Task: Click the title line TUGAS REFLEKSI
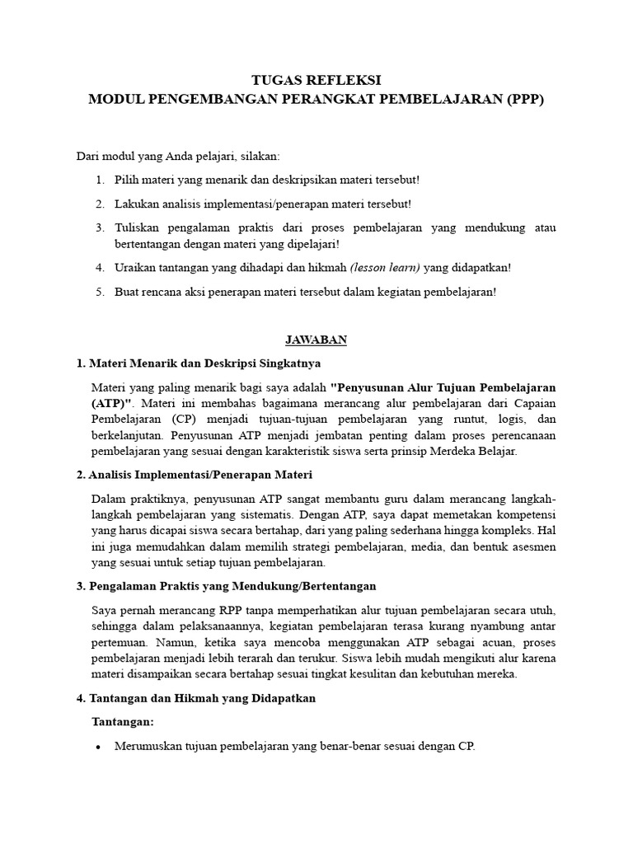coord(316,80)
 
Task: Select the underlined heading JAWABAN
coord(316,340)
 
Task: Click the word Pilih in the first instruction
coord(127,179)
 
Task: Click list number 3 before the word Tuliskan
coord(99,227)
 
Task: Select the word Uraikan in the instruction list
coord(135,268)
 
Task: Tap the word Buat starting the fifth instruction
coord(127,292)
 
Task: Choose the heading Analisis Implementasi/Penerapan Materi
coord(199,476)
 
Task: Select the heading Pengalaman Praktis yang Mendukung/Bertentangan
coord(232,586)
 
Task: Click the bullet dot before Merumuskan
coord(99,747)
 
